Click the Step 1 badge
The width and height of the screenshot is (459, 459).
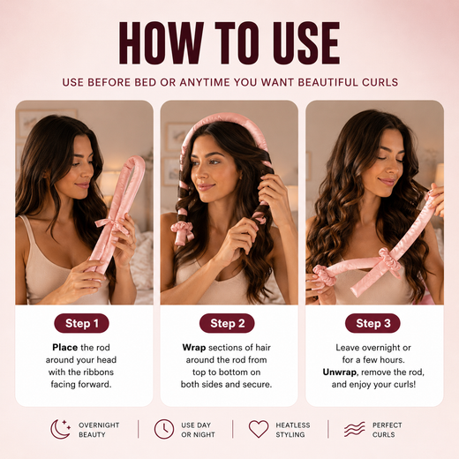pos(81,323)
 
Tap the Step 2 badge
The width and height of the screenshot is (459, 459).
pos(227,323)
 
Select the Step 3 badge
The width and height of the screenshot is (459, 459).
pos(372,323)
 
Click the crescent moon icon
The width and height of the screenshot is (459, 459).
pos(60,429)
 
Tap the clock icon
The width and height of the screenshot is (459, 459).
pos(164,429)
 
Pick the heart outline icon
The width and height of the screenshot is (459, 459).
pos(259,429)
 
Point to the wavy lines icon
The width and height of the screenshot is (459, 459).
pos(354,429)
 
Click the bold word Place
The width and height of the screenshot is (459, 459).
pos(65,348)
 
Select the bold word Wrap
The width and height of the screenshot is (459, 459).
pos(194,348)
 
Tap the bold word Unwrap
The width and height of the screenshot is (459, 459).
pos(339,372)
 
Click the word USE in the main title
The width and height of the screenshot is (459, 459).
pos(306,42)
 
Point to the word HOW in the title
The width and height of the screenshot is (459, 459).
pos(162,42)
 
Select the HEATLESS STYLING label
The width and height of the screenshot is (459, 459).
pos(293,430)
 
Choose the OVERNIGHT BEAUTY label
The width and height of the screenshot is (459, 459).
pos(99,430)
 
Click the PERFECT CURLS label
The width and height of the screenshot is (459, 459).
pos(387,430)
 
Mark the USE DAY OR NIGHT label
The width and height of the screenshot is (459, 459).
pos(198,430)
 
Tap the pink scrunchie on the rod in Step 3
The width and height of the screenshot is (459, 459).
pos(390,260)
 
